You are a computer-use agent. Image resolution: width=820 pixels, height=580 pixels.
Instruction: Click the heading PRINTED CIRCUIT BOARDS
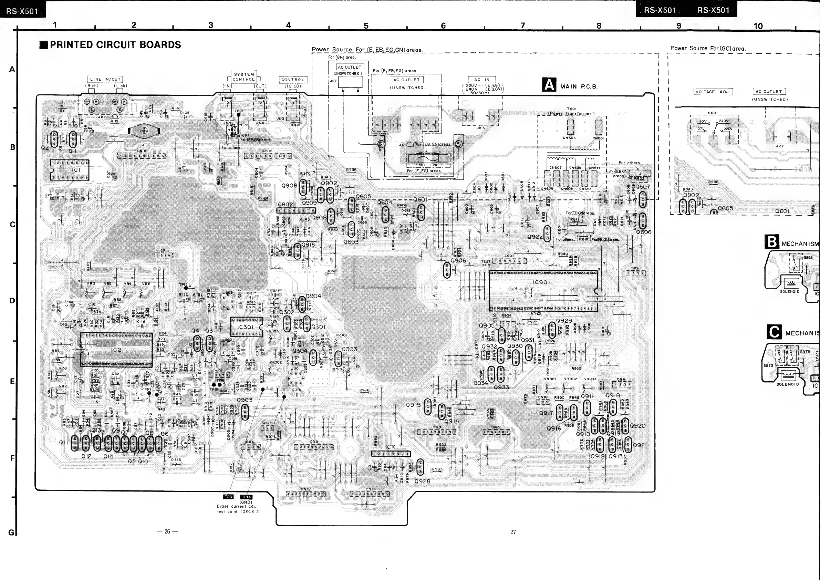click(x=115, y=45)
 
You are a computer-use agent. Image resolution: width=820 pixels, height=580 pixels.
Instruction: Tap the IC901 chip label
click(x=541, y=282)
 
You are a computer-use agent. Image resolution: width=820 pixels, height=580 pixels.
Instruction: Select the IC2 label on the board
click(x=116, y=350)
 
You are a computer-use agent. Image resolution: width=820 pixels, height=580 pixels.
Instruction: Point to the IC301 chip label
click(x=245, y=327)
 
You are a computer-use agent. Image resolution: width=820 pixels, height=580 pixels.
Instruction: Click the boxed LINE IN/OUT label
click(x=105, y=79)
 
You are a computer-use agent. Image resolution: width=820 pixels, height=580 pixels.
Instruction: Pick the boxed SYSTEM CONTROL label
click(x=244, y=77)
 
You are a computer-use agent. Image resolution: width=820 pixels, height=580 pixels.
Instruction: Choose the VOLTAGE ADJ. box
click(x=713, y=92)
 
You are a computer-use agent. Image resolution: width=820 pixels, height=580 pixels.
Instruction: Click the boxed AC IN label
click(x=482, y=80)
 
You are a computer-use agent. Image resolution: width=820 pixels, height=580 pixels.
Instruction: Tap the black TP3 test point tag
click(x=228, y=497)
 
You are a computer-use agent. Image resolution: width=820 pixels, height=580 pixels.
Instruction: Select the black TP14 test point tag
click(x=247, y=497)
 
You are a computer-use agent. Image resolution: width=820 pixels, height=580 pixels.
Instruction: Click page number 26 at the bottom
click(x=167, y=531)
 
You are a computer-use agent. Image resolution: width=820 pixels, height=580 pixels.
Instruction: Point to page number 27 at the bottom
click(x=513, y=532)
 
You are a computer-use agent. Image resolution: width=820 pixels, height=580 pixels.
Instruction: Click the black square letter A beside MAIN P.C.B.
click(x=549, y=85)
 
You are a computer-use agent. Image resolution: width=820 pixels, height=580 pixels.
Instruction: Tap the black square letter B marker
click(x=772, y=242)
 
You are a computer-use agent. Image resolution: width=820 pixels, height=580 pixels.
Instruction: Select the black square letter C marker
click(x=774, y=332)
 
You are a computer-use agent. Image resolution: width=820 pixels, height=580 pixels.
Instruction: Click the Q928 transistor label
click(x=422, y=481)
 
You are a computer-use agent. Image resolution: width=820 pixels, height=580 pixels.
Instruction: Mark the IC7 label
click(x=390, y=447)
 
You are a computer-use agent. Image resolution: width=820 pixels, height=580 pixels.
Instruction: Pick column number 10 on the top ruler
click(x=758, y=26)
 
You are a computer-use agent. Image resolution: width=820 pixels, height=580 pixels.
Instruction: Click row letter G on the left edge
click(x=11, y=532)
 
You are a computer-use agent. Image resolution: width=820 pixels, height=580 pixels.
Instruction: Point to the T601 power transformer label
click(x=571, y=109)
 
